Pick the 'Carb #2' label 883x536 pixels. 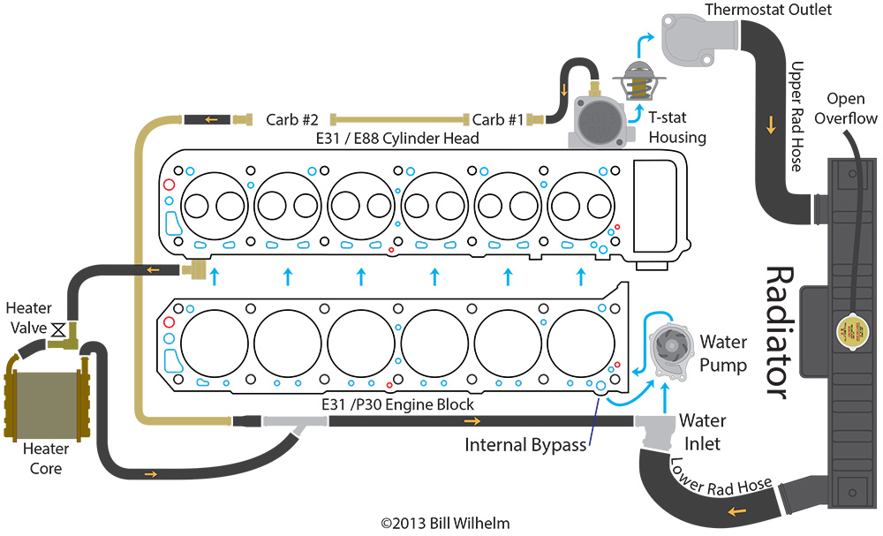(291, 119)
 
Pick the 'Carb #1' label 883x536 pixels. (499, 119)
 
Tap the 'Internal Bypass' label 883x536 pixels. (525, 444)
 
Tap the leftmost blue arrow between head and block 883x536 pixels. (214, 276)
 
